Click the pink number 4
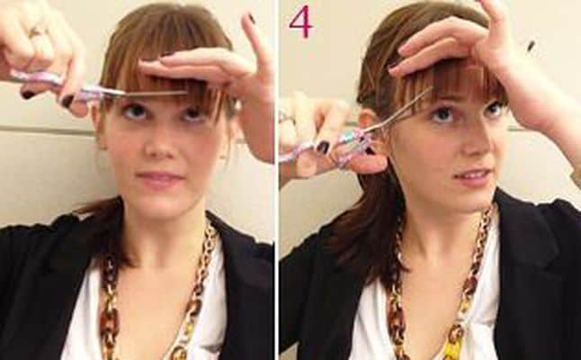point(300,22)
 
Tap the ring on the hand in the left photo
point(37,31)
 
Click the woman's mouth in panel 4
point(473,175)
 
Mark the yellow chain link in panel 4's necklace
point(455,346)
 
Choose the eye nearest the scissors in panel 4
point(442,113)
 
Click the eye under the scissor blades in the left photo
point(134,111)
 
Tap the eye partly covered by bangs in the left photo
point(192,113)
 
